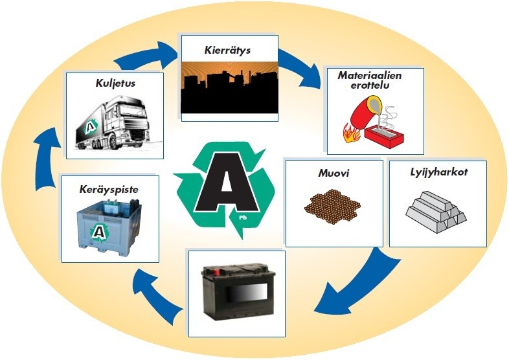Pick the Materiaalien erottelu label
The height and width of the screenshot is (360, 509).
pos(370,80)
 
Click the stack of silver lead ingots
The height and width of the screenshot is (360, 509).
pos(435,208)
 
